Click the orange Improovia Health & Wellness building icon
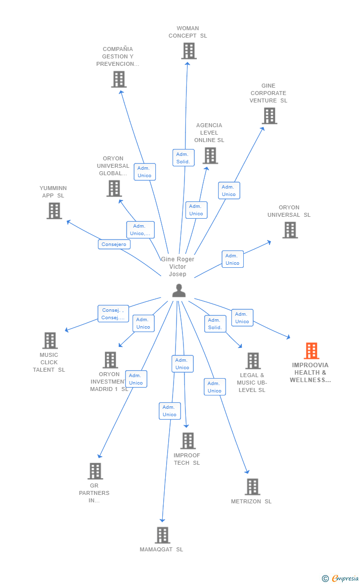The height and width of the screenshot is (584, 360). point(311,351)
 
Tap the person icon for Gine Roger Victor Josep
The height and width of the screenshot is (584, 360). point(179,291)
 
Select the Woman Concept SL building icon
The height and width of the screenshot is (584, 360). point(189,51)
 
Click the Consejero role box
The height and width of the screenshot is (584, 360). point(114,244)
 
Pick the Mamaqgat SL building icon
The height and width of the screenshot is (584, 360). point(163,535)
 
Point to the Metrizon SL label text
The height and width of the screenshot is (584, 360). point(251,501)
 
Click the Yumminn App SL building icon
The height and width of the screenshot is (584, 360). point(54,211)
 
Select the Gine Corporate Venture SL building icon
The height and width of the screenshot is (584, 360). point(270,116)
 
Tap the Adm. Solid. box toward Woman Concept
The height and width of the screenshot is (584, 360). point(183,158)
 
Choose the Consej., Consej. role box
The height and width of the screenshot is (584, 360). point(113,314)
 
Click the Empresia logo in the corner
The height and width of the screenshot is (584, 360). point(340,578)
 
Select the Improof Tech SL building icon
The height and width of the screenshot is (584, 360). point(188,441)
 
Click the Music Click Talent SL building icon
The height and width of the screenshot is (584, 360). point(50,341)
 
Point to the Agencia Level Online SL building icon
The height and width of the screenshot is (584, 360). point(210,156)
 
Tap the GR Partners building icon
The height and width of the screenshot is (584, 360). point(95,471)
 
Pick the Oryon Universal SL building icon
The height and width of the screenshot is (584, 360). point(290,230)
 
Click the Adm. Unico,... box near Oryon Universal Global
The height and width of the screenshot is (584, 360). point(140,230)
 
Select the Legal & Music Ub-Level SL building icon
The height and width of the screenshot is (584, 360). point(253,361)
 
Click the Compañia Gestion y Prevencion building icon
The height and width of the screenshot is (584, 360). point(119,79)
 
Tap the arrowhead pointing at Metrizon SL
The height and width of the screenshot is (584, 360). point(247,472)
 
